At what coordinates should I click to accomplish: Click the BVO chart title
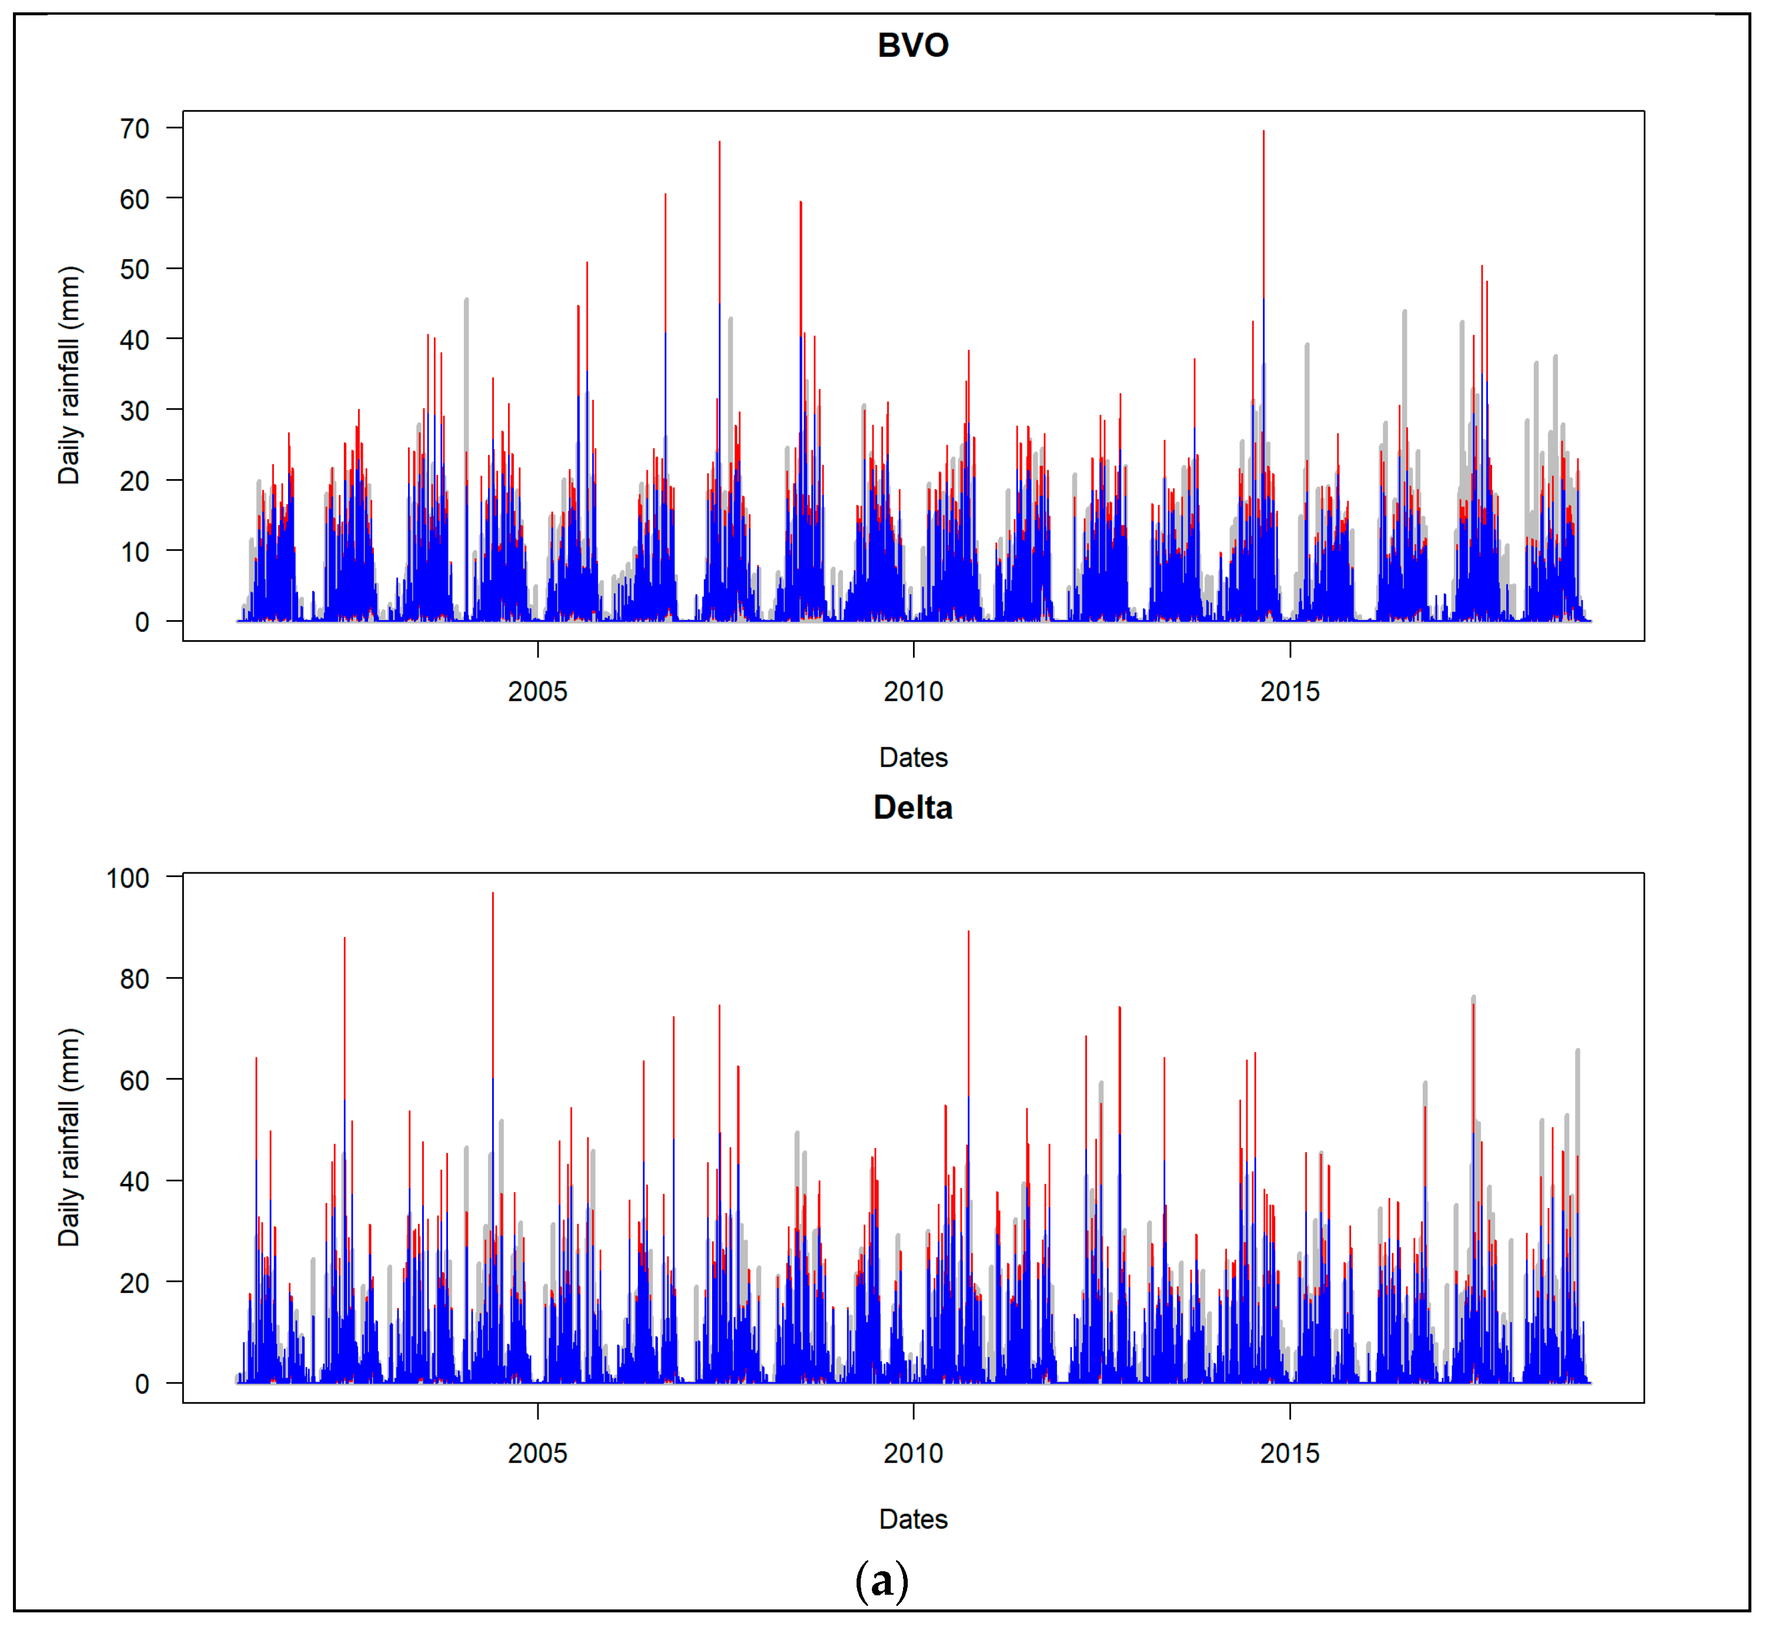tap(912, 45)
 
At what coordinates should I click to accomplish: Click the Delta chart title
tap(912, 807)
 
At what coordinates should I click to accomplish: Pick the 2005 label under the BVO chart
tap(537, 691)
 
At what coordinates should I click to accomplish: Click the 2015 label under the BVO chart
tap(1289, 691)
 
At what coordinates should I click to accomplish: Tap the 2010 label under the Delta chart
tap(913, 1454)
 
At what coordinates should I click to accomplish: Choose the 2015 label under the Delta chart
tap(1289, 1454)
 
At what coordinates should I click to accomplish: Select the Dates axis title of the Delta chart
tap(913, 1519)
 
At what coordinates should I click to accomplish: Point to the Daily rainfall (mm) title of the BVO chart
tap(69, 375)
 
